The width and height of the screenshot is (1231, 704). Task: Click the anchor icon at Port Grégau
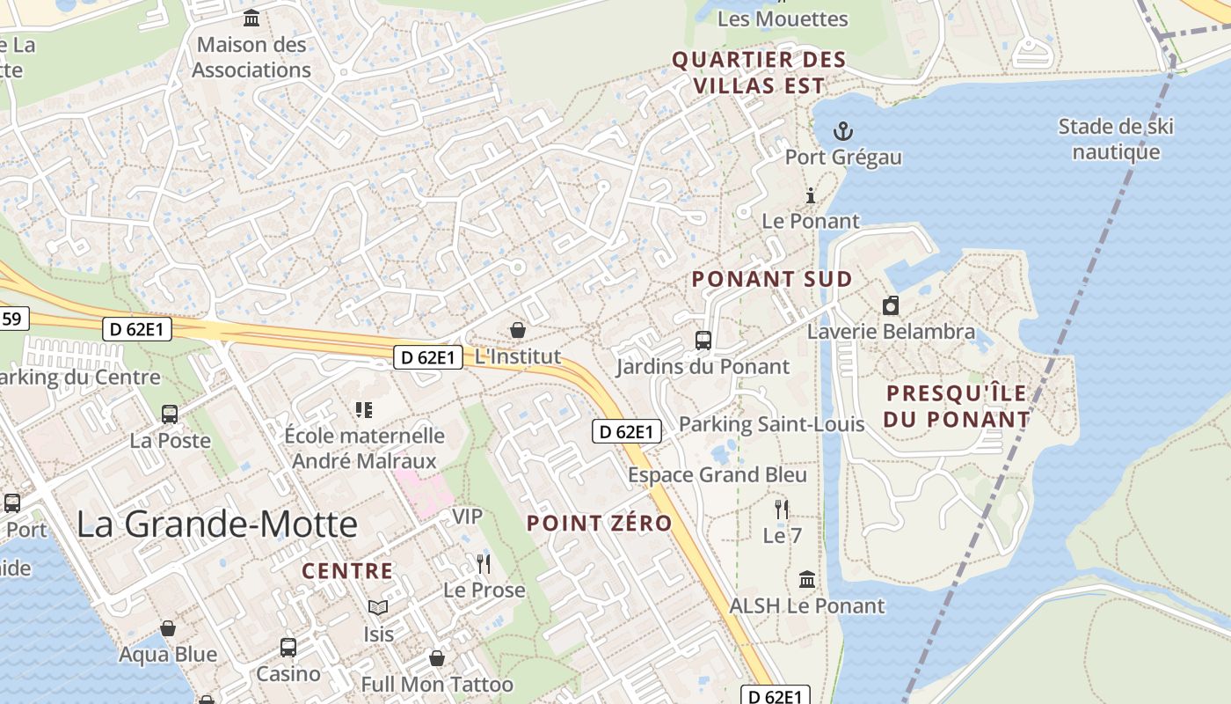tap(843, 132)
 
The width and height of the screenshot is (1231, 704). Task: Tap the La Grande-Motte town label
tap(217, 524)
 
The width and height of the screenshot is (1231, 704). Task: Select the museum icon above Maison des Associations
tap(252, 18)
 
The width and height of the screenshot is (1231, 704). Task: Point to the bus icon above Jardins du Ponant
tap(703, 340)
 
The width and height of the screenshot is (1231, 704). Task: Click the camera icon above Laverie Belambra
tap(891, 305)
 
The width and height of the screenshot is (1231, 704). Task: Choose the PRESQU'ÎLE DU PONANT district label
tap(957, 407)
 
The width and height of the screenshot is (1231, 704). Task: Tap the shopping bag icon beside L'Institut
tap(518, 330)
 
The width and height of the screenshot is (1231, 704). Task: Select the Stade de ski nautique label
tap(1116, 139)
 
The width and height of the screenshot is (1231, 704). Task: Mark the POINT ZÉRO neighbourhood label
tap(599, 524)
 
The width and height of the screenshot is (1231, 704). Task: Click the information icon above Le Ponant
tap(811, 195)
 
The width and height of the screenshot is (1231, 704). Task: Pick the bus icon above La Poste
tap(170, 414)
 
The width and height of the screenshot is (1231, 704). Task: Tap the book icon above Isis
tap(378, 607)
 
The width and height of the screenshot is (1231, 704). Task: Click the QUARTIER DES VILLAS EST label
tap(759, 73)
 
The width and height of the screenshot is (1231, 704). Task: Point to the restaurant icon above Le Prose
tap(483, 563)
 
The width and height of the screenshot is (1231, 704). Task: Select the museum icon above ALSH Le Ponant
tap(807, 579)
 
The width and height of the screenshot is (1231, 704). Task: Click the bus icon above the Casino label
tap(288, 648)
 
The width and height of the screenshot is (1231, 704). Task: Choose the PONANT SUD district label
tap(772, 280)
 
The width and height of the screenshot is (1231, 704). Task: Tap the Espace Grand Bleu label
tap(717, 475)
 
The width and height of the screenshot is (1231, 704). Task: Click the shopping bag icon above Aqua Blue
tap(168, 628)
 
